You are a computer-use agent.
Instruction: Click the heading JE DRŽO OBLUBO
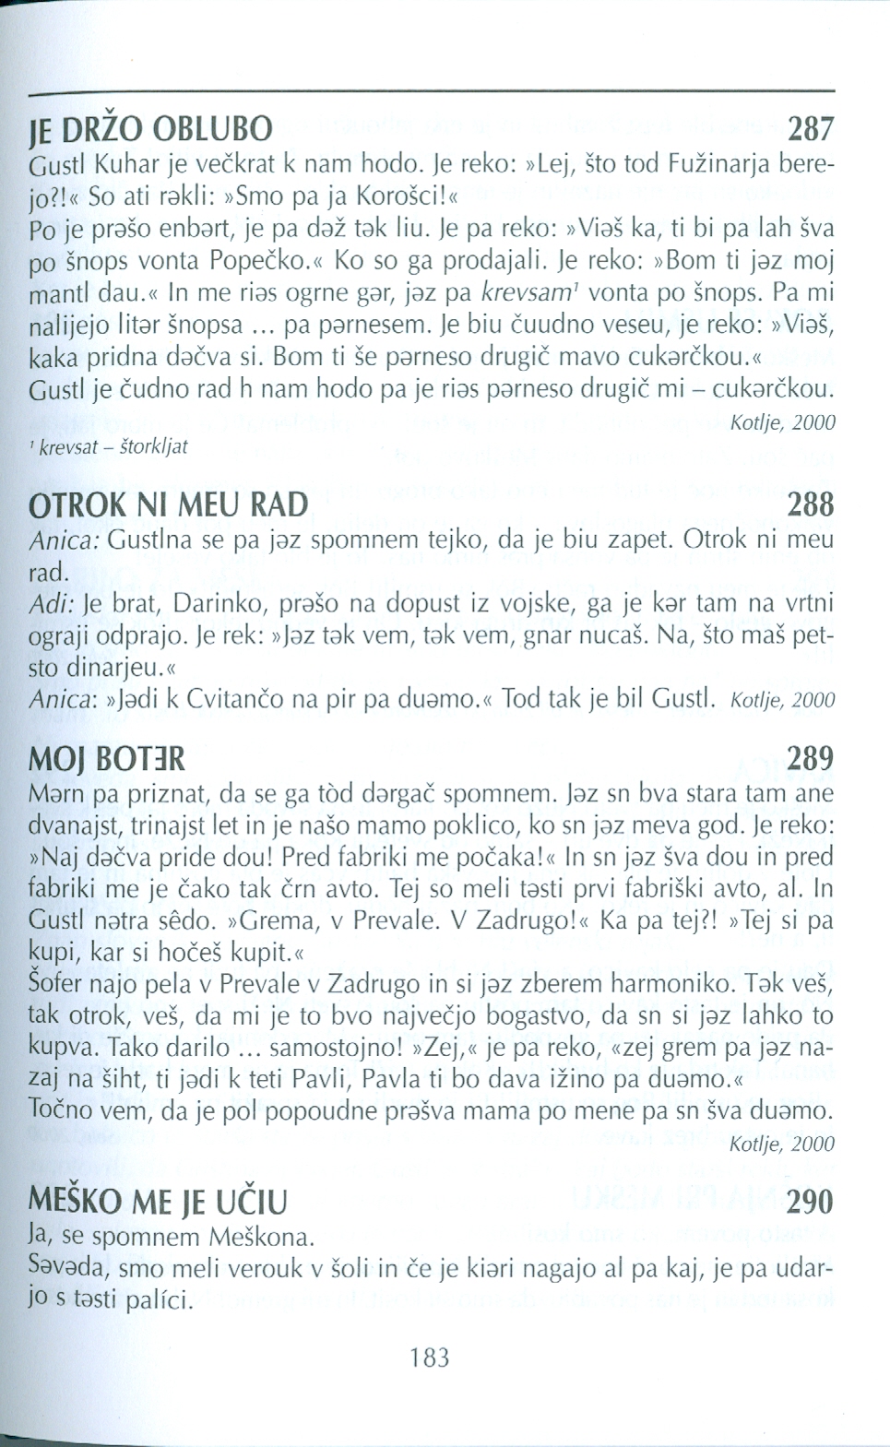[x=151, y=128]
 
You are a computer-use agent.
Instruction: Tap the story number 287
[x=811, y=128]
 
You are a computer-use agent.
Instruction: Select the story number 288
[x=811, y=504]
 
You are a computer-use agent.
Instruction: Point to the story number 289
[x=811, y=759]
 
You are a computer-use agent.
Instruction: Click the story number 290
[x=811, y=1203]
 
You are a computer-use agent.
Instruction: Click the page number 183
[x=430, y=1358]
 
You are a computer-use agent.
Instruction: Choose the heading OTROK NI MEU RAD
[x=169, y=504]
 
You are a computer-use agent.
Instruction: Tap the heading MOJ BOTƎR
[x=107, y=759]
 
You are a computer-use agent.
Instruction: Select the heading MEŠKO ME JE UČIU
[x=159, y=1203]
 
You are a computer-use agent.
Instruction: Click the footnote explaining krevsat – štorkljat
[x=108, y=447]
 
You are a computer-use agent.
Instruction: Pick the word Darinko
[x=215, y=603]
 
